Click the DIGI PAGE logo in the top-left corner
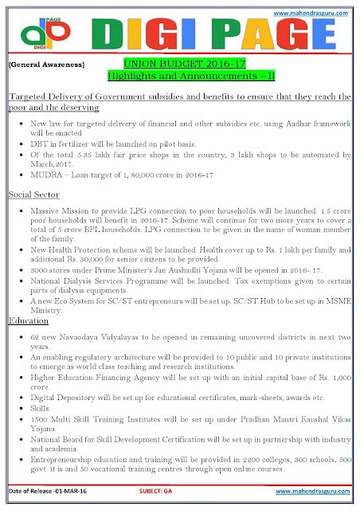pos(32,32)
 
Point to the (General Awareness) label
pos(41,62)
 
